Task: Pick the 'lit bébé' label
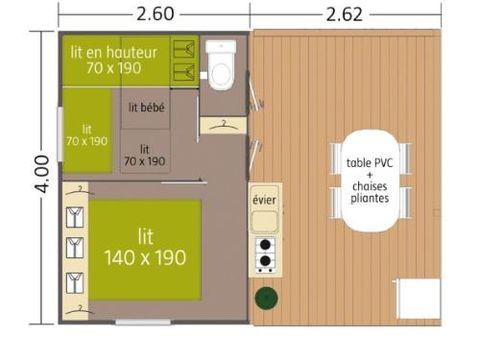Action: tap(146, 108)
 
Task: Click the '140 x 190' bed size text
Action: tap(145, 258)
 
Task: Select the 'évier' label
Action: tap(265, 200)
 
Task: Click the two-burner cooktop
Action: tap(266, 255)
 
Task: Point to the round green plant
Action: tap(266, 297)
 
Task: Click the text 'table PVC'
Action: tap(369, 163)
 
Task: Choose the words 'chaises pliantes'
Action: tap(369, 192)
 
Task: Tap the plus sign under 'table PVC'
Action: tap(369, 175)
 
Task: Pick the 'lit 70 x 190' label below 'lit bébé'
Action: tap(145, 153)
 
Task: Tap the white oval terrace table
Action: tap(369, 177)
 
